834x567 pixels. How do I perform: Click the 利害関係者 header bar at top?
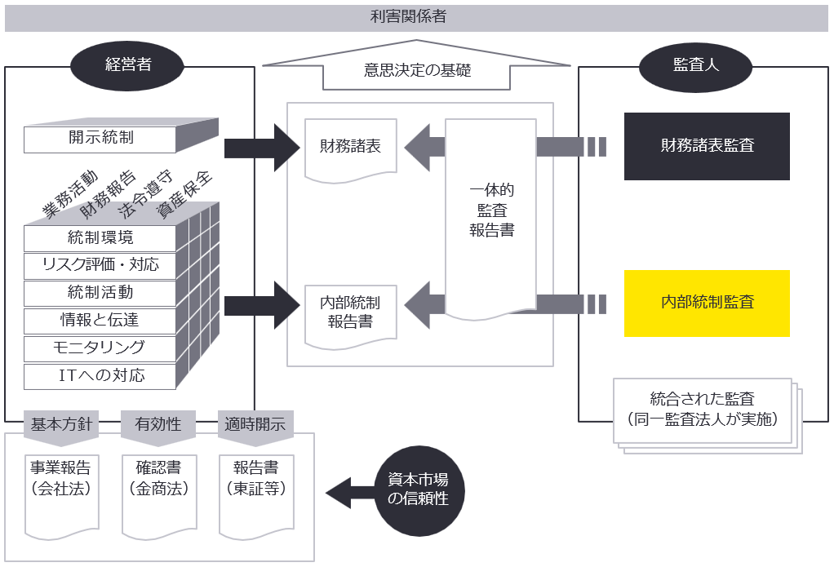click(x=417, y=17)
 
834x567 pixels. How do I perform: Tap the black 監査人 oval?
click(x=696, y=65)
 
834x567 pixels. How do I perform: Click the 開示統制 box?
click(x=100, y=139)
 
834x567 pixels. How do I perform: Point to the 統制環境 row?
click(x=100, y=238)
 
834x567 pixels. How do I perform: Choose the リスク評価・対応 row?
click(x=100, y=265)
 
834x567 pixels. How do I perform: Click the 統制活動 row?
click(x=100, y=292)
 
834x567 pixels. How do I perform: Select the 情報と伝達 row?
click(x=100, y=320)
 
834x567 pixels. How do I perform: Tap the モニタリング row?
click(x=100, y=348)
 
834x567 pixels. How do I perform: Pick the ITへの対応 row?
click(x=100, y=376)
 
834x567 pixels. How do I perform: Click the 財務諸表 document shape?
click(x=350, y=148)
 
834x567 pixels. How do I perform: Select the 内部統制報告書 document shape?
click(x=350, y=312)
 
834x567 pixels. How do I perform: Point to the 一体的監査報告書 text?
click(x=491, y=210)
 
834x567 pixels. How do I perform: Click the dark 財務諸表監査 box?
click(x=707, y=146)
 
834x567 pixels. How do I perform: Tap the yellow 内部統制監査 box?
click(x=707, y=303)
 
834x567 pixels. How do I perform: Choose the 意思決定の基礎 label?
click(x=417, y=71)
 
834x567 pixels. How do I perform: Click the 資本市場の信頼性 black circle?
click(x=418, y=490)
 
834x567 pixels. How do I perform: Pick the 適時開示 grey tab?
click(x=255, y=425)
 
